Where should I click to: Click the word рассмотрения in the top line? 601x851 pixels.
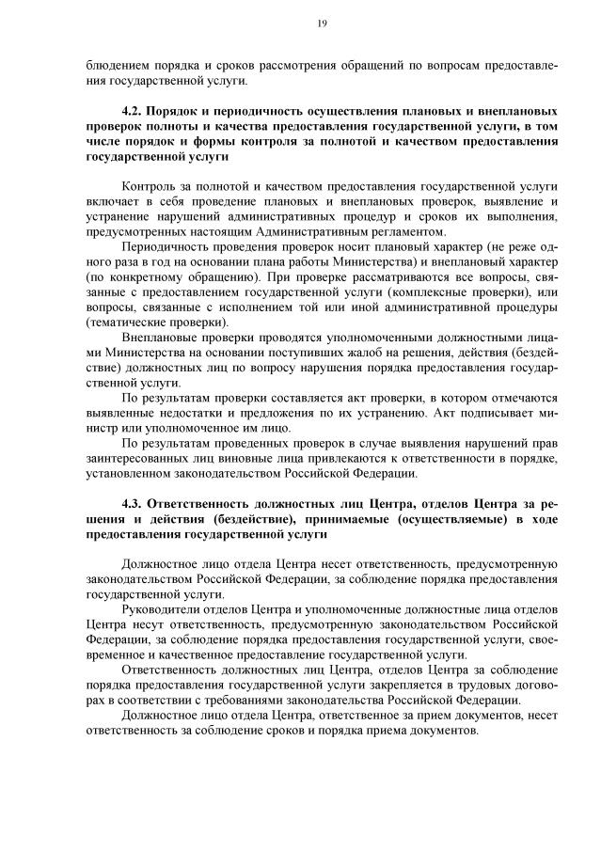tap(282, 64)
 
